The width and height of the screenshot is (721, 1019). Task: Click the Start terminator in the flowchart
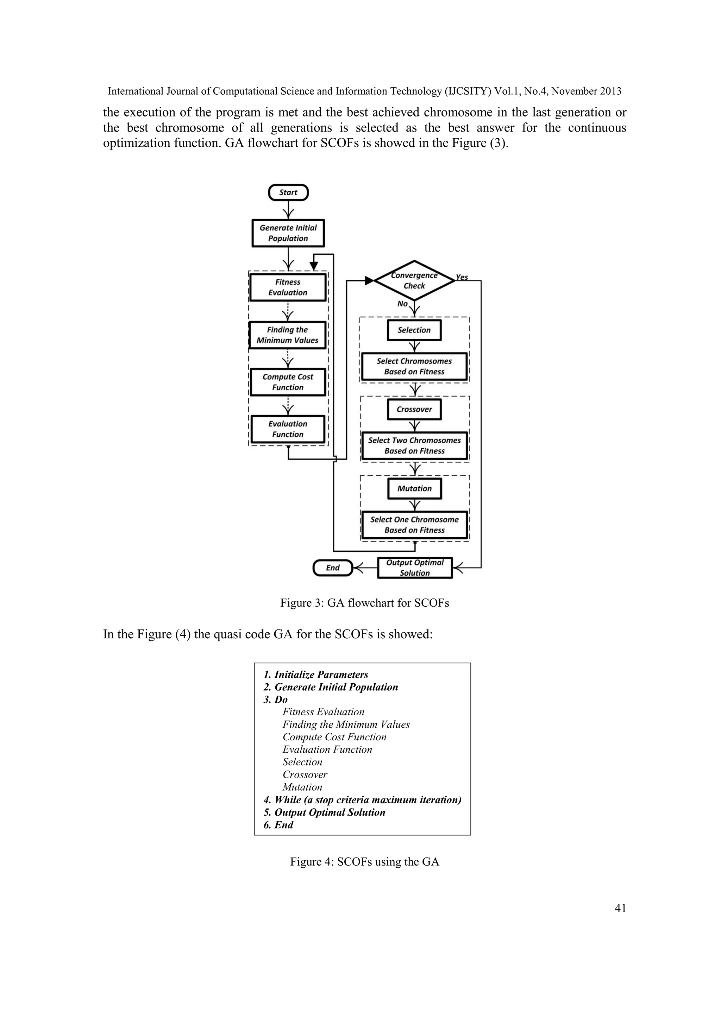288,192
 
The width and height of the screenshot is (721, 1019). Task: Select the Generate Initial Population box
288,233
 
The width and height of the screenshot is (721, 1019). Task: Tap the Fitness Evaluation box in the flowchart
288,287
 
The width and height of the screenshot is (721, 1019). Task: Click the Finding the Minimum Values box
288,335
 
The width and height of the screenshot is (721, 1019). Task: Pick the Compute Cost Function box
288,382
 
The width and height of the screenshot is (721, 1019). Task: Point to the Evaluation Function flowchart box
288,429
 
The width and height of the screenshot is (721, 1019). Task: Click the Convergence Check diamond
414,280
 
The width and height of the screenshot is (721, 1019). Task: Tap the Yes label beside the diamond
462,277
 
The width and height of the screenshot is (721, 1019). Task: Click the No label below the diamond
402,304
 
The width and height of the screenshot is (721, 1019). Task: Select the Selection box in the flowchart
414,330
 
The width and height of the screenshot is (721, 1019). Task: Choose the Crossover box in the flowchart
414,409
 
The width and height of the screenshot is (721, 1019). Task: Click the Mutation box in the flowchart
414,489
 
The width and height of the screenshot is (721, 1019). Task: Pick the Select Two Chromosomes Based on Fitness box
414,445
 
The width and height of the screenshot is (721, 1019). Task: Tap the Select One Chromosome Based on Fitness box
414,525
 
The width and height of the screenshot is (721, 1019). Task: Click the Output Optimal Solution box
415,568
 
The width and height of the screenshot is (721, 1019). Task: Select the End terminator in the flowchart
333,568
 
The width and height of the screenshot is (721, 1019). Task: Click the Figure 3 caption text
364,603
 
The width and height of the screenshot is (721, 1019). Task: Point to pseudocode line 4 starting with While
362,800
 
